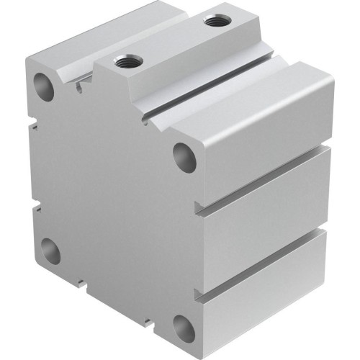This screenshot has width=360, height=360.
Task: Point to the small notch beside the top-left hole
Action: (77, 88)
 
